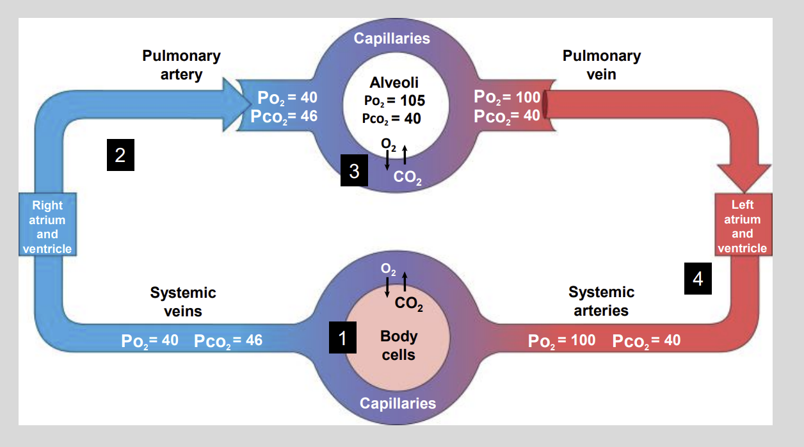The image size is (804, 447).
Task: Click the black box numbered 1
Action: point(342,337)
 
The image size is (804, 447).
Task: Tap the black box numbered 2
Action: point(120,156)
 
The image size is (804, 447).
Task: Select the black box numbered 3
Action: point(354,171)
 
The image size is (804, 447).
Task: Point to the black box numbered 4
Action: point(698,279)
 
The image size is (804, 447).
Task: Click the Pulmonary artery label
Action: point(181,65)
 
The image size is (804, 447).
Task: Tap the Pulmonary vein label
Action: point(601,65)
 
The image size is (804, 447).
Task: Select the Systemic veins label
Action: point(183,302)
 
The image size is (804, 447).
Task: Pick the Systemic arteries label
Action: point(601,302)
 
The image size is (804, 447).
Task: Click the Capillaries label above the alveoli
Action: point(392,38)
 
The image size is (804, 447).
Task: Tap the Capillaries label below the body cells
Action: point(398,403)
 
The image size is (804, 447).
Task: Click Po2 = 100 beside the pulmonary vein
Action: point(508,97)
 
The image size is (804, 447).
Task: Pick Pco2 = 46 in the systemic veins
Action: point(228,340)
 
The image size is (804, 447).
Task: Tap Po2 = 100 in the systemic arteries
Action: point(561,341)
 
